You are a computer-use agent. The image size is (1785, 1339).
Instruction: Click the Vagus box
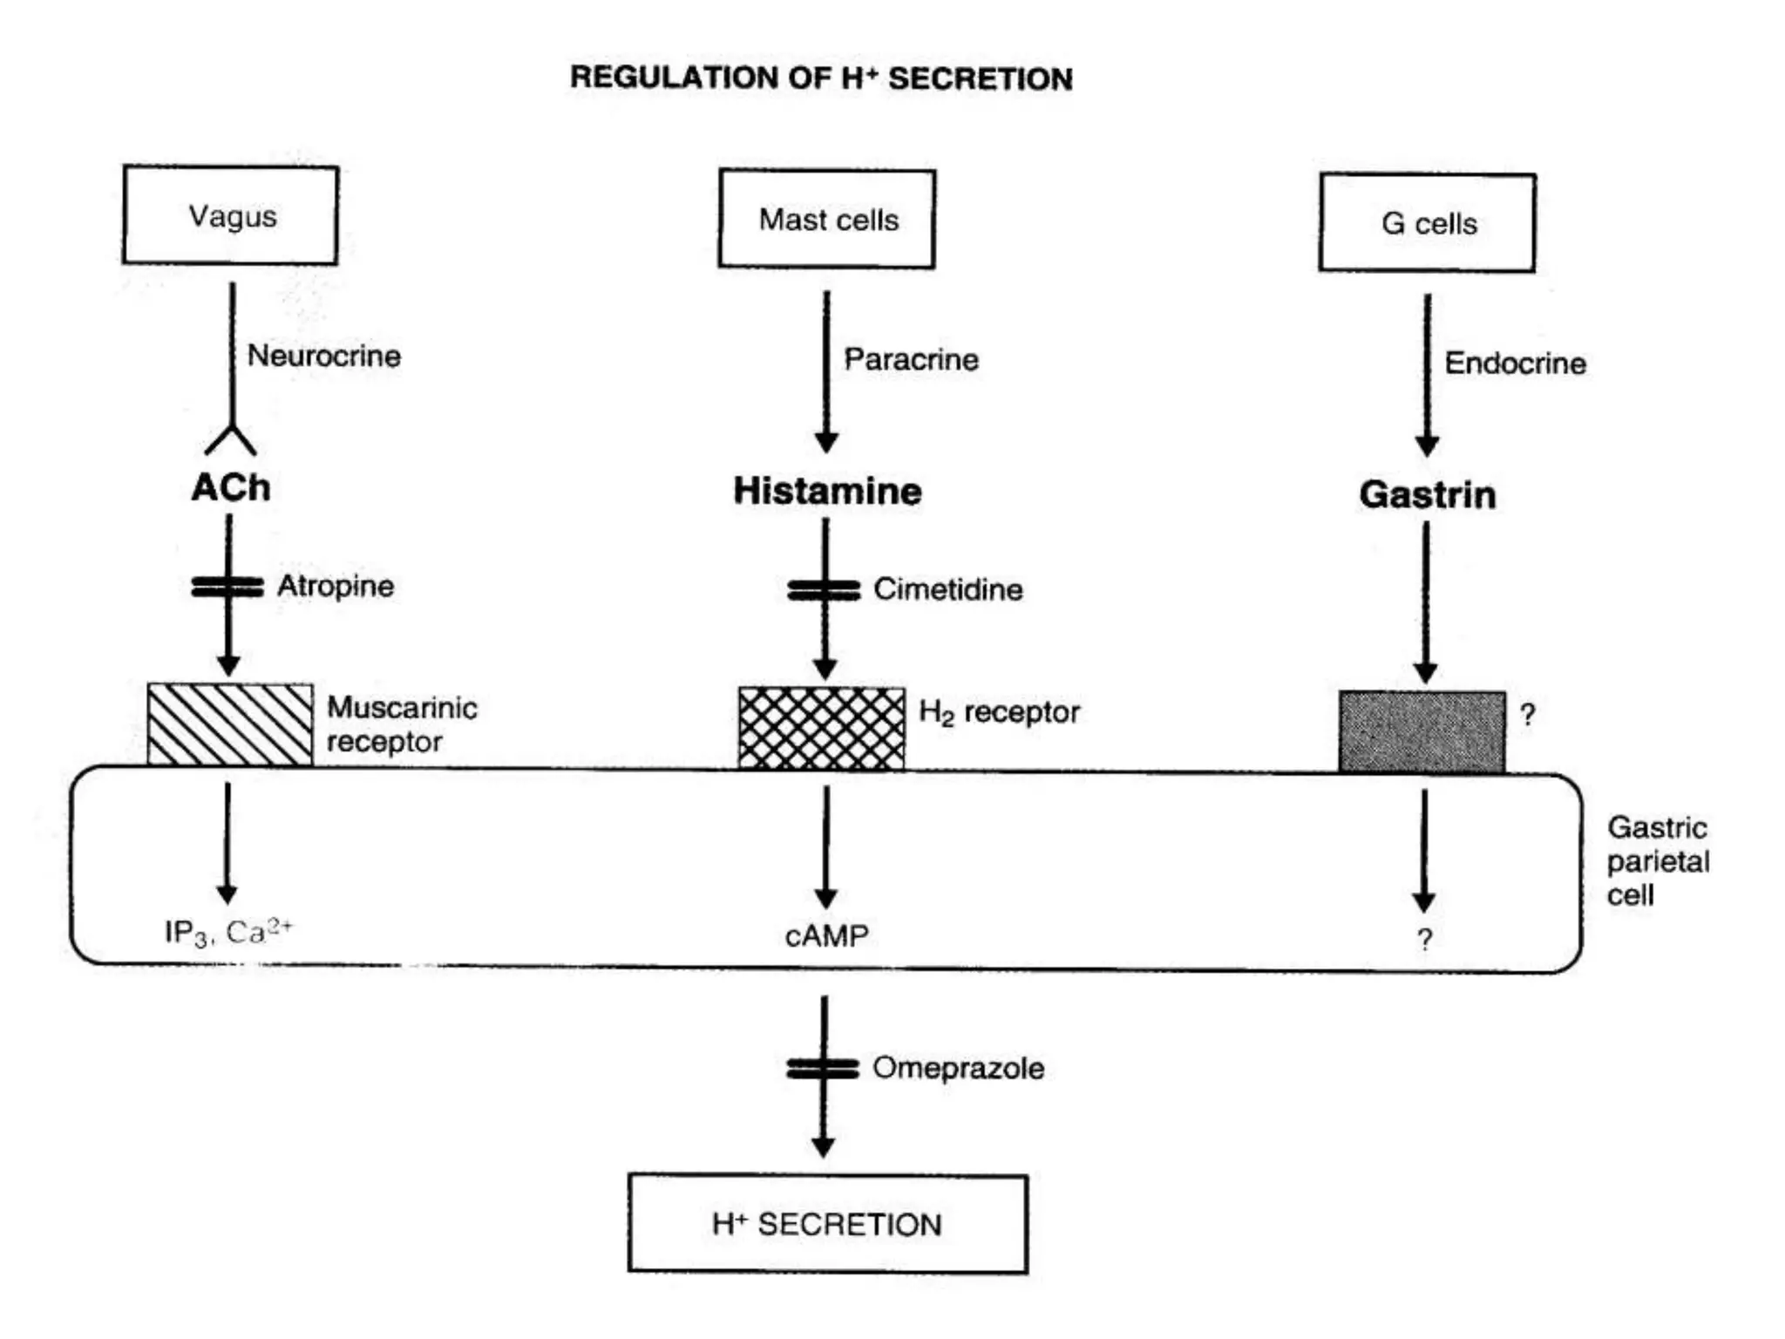coord(230,215)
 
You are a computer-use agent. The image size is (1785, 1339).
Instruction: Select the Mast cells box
coord(826,219)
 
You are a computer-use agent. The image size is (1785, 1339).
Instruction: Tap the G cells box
coord(1427,223)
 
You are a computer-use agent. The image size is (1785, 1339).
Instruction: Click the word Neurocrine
coord(323,356)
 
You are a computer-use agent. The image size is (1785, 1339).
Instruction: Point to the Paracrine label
coord(911,359)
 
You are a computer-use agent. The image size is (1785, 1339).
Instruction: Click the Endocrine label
coord(1515,364)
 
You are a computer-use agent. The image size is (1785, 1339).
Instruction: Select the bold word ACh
coord(231,487)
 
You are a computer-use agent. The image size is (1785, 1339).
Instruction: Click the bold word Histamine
coord(827,491)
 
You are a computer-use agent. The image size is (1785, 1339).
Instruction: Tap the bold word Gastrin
coord(1428,495)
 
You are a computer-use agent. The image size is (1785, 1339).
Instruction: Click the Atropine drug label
coord(336,586)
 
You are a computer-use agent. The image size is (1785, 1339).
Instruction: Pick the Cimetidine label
coord(948,589)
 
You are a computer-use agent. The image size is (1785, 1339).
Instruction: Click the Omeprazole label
coord(958,1068)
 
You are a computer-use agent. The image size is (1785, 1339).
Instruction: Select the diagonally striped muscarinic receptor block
coord(230,724)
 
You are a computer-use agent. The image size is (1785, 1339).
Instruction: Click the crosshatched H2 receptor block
coord(821,729)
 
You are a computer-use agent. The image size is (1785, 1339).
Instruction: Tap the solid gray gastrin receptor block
coord(1422,731)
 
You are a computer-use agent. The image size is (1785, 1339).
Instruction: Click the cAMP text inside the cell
coord(826,936)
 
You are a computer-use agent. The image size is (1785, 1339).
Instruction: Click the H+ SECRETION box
coord(827,1224)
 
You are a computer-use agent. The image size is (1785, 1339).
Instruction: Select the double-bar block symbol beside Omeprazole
coord(823,1068)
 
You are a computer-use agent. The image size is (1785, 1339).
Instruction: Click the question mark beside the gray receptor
coord(1527,715)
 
